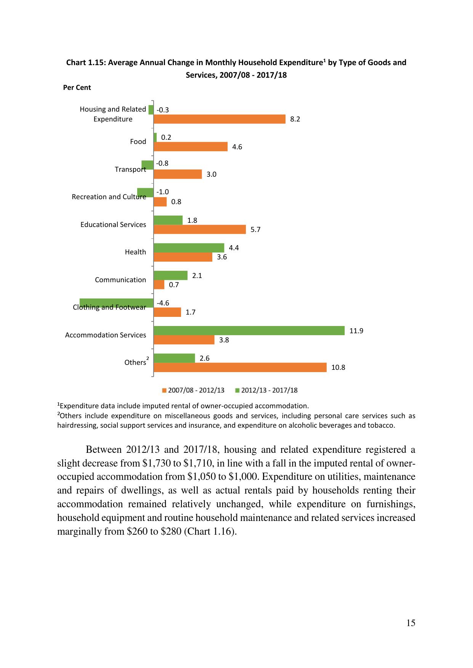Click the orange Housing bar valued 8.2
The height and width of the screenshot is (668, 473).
[x=219, y=119]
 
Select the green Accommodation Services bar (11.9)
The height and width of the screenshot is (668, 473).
[x=249, y=331]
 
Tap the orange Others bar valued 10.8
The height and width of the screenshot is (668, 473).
[x=240, y=367]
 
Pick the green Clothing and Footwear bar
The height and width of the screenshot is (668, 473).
[x=116, y=303]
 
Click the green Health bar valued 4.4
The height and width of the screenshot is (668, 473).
[x=189, y=248]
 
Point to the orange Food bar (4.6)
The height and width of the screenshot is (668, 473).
[x=190, y=147]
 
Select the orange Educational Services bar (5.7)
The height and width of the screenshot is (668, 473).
[x=199, y=229]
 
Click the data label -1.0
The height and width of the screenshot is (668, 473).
[x=162, y=192]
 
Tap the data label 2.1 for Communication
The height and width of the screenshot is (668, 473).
[x=197, y=275]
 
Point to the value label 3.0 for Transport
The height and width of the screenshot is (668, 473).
[x=212, y=174]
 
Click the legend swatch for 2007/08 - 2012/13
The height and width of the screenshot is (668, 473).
[x=164, y=390]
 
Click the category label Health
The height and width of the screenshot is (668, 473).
[x=135, y=252]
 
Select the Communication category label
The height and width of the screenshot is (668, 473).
[x=120, y=280]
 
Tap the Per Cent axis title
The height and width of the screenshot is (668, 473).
[x=77, y=88]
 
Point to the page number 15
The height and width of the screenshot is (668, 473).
[x=410, y=623]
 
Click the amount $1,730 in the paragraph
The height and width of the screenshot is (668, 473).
[x=155, y=463]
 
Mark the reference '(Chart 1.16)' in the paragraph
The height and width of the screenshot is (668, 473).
[x=210, y=531]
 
